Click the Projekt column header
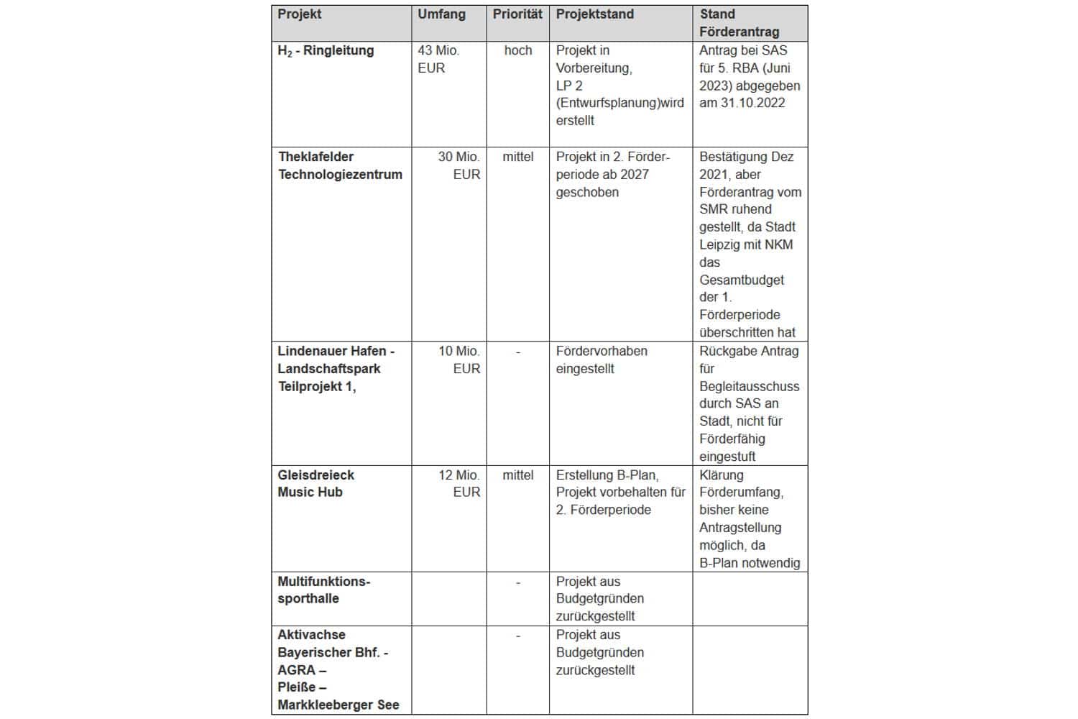pyautogui.click(x=300, y=14)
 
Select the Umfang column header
pyautogui.click(x=441, y=14)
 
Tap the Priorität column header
pyautogui.click(x=517, y=14)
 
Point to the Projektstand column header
pyautogui.click(x=594, y=14)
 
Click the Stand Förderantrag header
pyautogui.click(x=739, y=23)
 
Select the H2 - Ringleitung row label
pyautogui.click(x=326, y=51)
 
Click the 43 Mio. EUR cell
pyautogui.click(x=438, y=59)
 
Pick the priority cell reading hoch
pyautogui.click(x=517, y=51)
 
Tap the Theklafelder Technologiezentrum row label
pyautogui.click(x=340, y=165)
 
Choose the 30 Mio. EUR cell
pyautogui.click(x=459, y=165)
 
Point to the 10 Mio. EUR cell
pyautogui.click(x=459, y=359)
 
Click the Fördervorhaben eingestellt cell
pyautogui.click(x=602, y=359)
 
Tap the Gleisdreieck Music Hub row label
pyautogui.click(x=316, y=483)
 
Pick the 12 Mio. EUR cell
pyautogui.click(x=459, y=483)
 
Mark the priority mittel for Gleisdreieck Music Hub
pyautogui.click(x=517, y=475)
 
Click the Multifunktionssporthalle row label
pyautogui.click(x=323, y=590)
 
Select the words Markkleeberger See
pyautogui.click(x=338, y=705)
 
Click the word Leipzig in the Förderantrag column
pyautogui.click(x=720, y=244)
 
